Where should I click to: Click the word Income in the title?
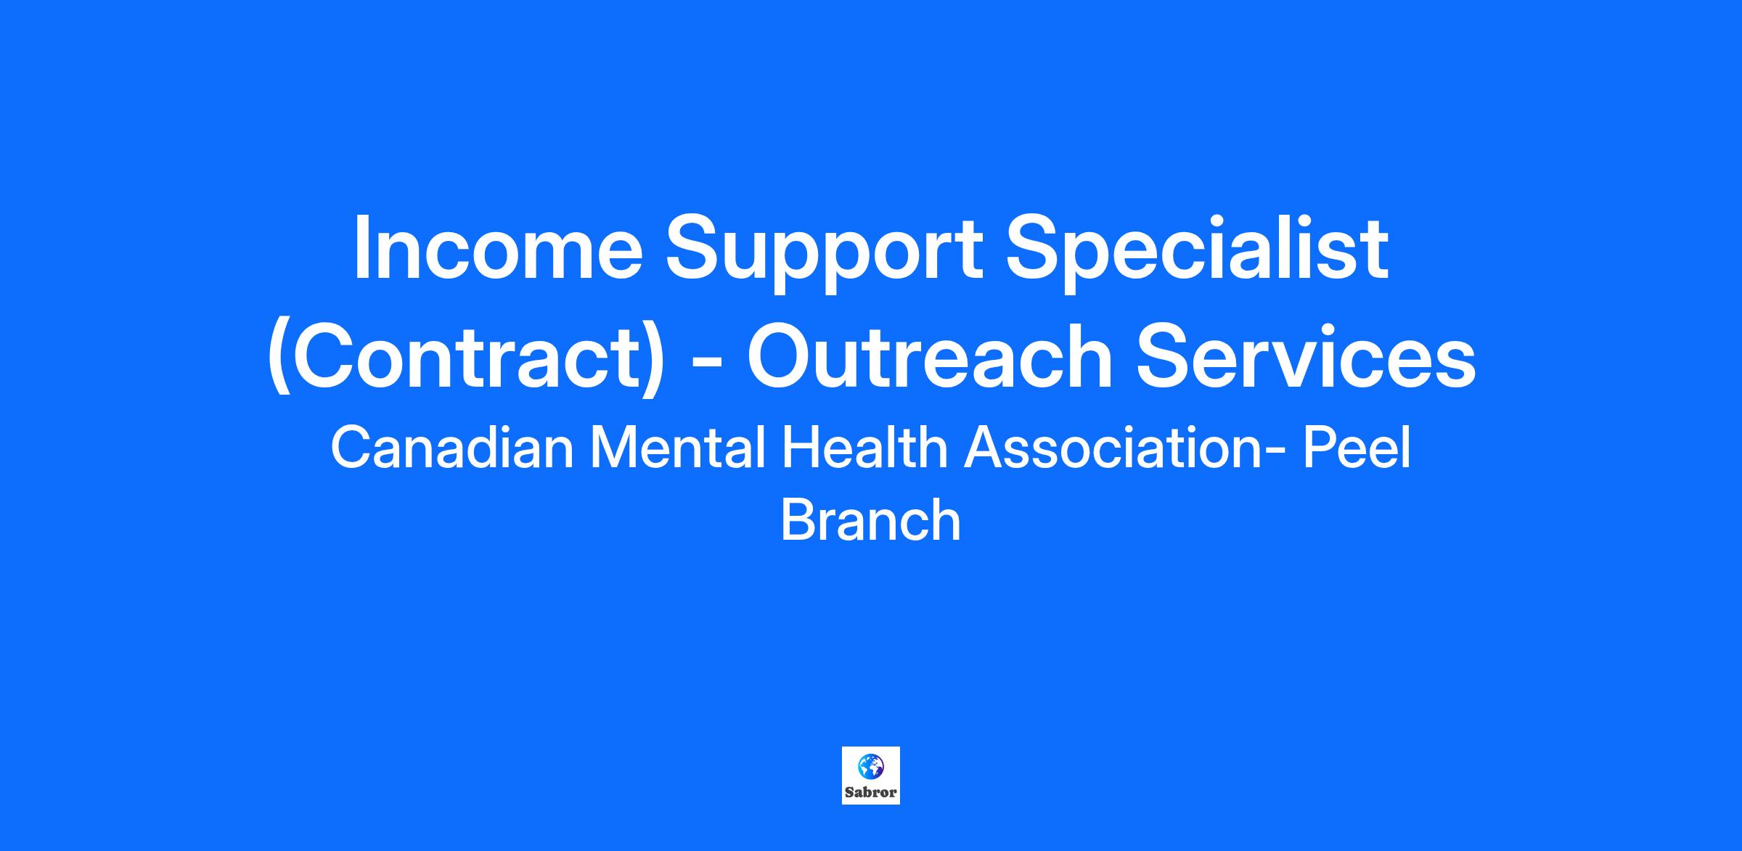498,247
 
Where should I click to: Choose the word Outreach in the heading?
930,355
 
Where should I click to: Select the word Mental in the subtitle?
677,448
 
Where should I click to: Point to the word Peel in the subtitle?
1357,448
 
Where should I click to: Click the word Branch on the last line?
871,519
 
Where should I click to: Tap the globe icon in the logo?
870,766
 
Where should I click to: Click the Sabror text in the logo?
871,792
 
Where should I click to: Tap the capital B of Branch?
796,519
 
